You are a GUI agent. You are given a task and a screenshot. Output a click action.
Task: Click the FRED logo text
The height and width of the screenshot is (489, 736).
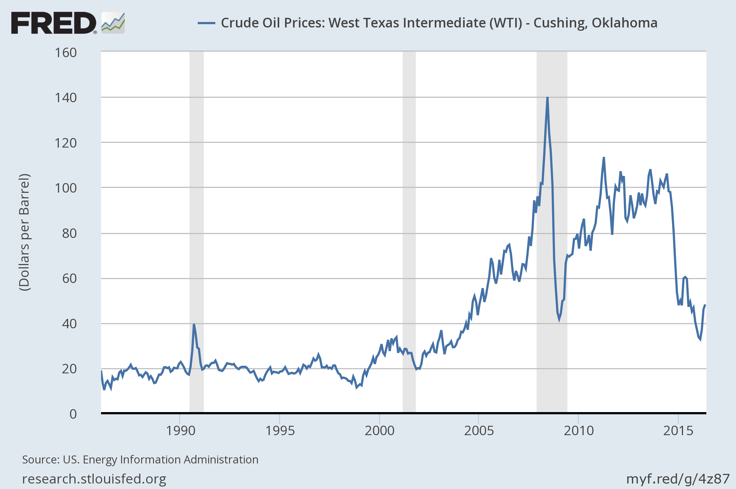coord(54,23)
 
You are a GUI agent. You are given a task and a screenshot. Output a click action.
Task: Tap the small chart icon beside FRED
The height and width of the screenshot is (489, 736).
coord(113,23)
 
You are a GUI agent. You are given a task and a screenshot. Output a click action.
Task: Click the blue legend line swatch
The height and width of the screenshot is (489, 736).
coord(206,23)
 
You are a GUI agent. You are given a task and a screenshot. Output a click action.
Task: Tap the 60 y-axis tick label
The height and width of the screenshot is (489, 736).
coord(69,279)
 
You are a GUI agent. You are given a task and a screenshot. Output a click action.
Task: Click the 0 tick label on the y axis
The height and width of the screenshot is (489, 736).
coord(73,414)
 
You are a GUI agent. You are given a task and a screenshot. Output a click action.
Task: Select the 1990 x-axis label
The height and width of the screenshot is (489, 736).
coord(180,431)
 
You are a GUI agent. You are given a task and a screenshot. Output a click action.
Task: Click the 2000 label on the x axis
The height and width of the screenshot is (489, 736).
coord(379,431)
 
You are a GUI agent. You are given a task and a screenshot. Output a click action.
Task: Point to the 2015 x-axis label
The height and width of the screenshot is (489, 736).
coord(678,431)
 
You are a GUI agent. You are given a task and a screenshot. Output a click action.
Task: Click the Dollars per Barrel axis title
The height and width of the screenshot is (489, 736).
coord(24,232)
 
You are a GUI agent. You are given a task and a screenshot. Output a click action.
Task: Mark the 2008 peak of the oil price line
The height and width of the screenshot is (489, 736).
coord(547,98)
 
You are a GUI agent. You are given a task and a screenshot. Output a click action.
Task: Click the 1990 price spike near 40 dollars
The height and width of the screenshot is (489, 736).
coord(194,325)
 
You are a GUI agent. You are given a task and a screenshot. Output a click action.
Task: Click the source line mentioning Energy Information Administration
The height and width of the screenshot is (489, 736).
coord(140,460)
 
